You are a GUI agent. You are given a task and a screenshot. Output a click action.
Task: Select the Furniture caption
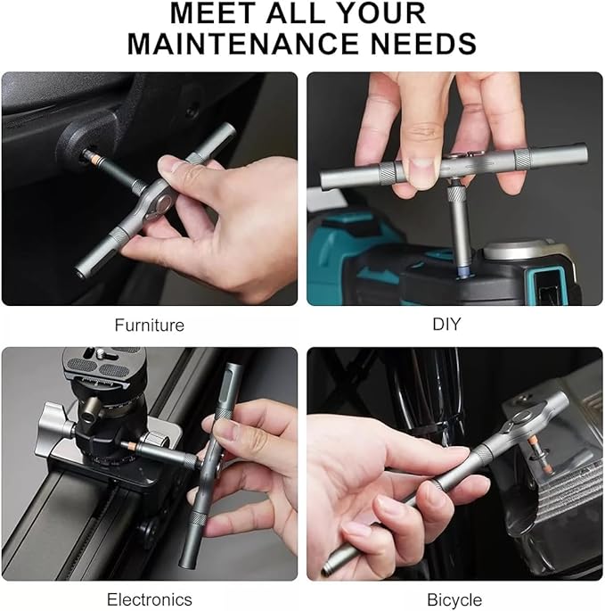[x=149, y=325]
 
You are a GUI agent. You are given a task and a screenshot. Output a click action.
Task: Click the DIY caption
[x=446, y=325]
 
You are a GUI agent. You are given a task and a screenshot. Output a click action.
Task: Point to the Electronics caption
[x=149, y=599]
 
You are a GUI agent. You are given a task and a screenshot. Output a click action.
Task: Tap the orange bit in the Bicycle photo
[x=535, y=445]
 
